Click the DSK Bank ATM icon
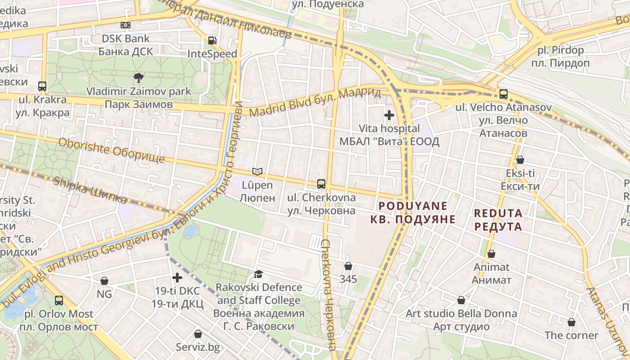tap(126, 25)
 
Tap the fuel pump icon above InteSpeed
tap(212, 40)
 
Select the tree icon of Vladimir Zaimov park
tap(139, 78)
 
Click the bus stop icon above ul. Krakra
tap(42, 86)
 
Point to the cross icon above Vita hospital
tap(389, 115)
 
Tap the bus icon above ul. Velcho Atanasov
tap(503, 94)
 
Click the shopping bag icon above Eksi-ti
tap(520, 160)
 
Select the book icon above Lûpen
tap(257, 171)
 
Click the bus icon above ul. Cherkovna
tap(321, 184)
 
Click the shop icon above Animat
tap(491, 254)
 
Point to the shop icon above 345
tap(348, 266)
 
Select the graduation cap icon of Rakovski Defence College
tap(258, 274)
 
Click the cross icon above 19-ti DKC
tap(177, 277)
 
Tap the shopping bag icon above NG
tap(104, 281)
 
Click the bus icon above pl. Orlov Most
tap(59, 300)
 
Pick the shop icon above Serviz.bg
tap(198, 334)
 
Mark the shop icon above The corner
tap(571, 322)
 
